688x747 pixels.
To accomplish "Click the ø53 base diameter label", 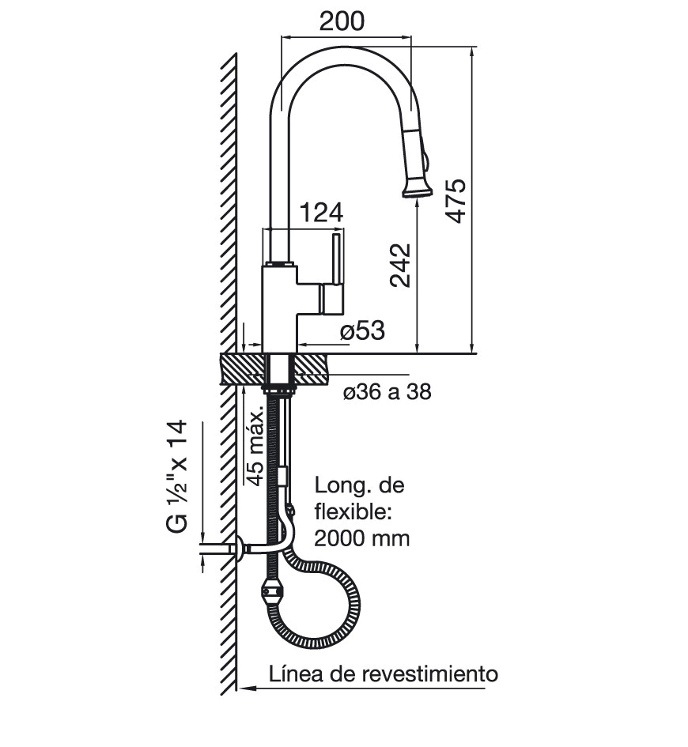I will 362,330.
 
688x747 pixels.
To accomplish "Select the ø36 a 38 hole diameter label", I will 387,391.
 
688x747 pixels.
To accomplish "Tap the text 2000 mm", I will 361,539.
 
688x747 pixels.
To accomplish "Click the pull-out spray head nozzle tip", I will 417,190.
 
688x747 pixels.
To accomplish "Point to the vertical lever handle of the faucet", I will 337,258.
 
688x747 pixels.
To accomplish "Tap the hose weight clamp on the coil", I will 270,591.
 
